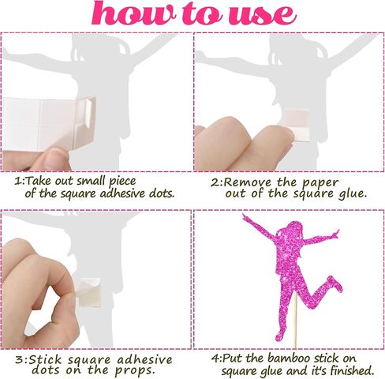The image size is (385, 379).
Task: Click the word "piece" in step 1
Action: pyautogui.click(x=122, y=182)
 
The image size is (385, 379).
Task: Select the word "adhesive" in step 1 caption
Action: pyautogui.click(x=123, y=193)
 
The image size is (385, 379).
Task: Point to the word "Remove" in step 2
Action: pyautogui.click(x=248, y=182)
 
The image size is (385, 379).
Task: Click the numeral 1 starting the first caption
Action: pyautogui.click(x=17, y=181)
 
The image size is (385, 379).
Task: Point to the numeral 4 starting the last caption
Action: pyautogui.click(x=215, y=358)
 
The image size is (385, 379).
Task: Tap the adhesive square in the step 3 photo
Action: pyautogui.click(x=89, y=292)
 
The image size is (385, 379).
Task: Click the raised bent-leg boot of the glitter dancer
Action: pyautogui.click(x=335, y=283)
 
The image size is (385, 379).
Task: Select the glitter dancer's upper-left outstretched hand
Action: pyautogui.click(x=246, y=217)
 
